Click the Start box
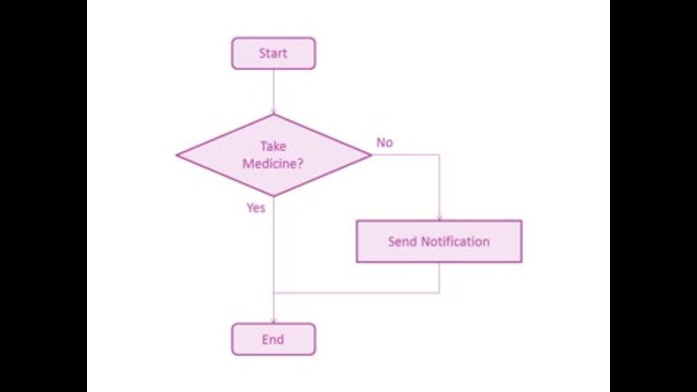tap(274, 53)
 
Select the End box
tap(274, 339)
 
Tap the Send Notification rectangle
tap(439, 241)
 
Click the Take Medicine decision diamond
tap(274, 155)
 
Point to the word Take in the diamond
tap(274, 146)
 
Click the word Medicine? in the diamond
tap(273, 163)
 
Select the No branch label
tap(385, 142)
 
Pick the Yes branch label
tap(256, 208)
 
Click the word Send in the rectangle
tap(402, 241)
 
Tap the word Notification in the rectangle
tap(455, 241)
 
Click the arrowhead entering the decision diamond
tap(274, 112)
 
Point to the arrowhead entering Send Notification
tap(440, 217)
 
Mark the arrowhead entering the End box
tap(274, 320)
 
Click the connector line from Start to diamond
tap(274, 91)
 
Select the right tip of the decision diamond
tap(371, 155)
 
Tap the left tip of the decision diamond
tap(177, 155)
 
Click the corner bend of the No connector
tap(440, 155)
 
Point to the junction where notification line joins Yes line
tap(274, 293)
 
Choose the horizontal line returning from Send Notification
tap(356, 293)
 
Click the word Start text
tap(273, 53)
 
